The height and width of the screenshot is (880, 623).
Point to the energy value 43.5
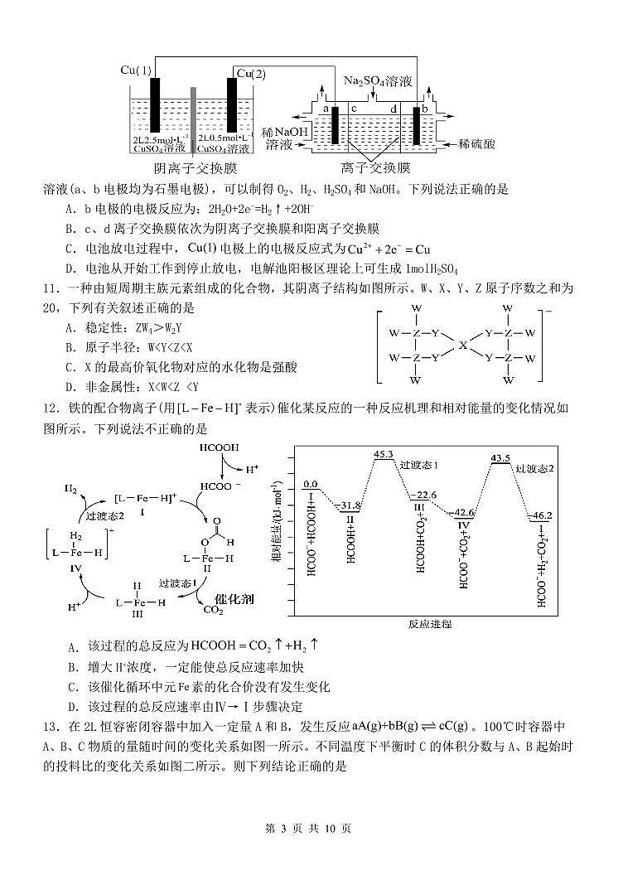500,458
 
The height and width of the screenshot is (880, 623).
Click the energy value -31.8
350,505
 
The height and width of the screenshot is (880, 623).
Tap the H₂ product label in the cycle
71,489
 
